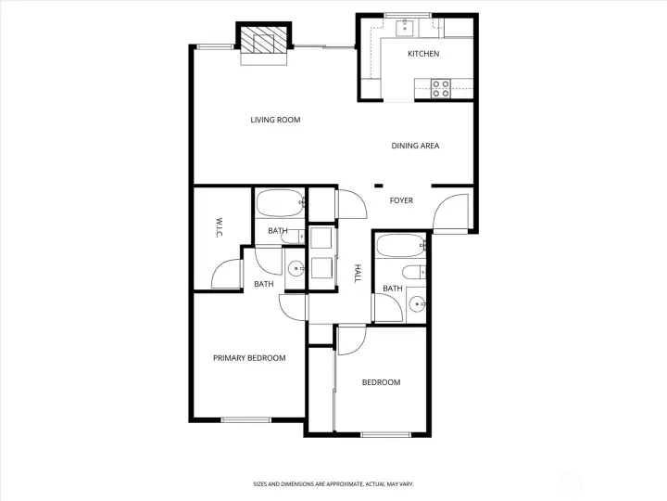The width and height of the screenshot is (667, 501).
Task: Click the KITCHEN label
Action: [x=423, y=54]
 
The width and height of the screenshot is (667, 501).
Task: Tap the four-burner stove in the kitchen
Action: [x=440, y=88]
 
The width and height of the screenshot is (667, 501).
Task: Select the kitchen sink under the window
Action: [x=405, y=29]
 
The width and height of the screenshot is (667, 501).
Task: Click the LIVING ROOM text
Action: [x=275, y=120]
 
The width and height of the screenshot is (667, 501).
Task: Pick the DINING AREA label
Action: [x=415, y=146]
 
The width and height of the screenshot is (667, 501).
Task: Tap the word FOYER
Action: [x=401, y=201]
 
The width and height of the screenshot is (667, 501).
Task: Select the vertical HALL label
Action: [x=358, y=273]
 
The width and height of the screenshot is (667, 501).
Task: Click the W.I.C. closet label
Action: [x=220, y=227]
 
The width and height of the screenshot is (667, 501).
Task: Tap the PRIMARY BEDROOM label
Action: [x=249, y=358]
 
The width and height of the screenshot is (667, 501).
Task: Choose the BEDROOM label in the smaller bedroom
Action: [x=381, y=382]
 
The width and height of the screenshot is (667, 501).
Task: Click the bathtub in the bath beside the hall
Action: [x=399, y=247]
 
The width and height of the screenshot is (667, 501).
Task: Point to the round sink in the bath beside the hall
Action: [x=417, y=303]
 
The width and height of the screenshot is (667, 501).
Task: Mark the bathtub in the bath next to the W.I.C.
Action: [x=279, y=201]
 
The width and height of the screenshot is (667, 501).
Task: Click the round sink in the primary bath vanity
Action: [x=296, y=270]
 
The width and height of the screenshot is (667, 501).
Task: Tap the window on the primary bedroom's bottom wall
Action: [x=245, y=420]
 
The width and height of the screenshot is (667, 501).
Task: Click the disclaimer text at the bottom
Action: [x=333, y=483]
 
